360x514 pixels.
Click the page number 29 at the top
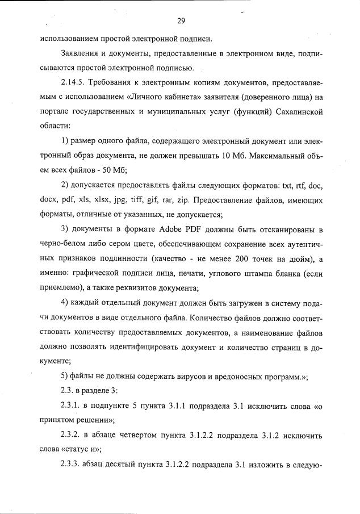[181, 21]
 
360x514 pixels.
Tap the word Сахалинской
[296, 112]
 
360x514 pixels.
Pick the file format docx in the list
[49, 200]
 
